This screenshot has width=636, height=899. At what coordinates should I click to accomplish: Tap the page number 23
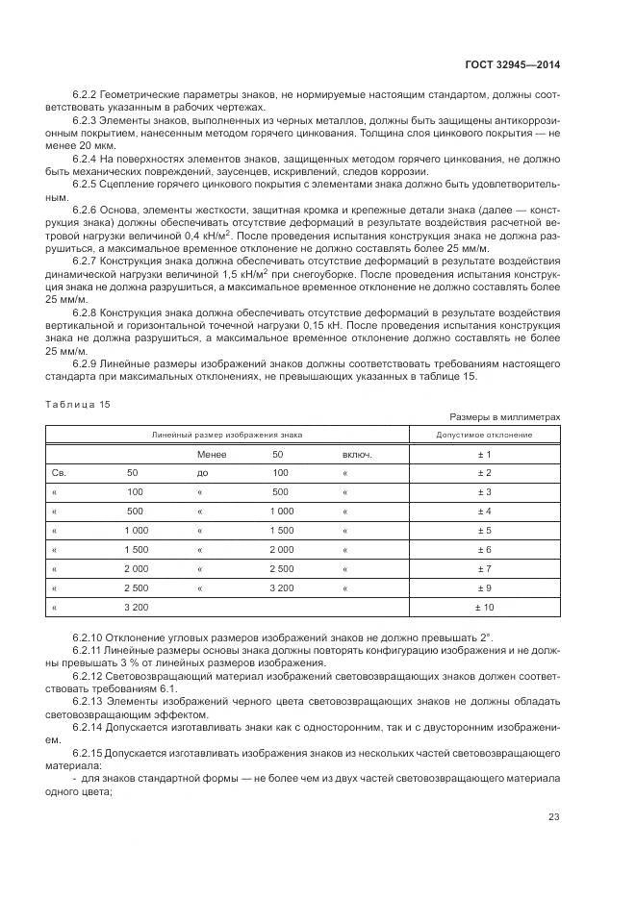click(554, 817)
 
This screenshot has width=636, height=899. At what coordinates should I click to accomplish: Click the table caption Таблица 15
click(78, 404)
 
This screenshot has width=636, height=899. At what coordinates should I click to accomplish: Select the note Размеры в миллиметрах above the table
click(504, 417)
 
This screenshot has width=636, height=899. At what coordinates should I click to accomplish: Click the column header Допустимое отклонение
click(484, 435)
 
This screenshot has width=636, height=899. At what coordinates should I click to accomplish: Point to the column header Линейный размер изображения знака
click(227, 435)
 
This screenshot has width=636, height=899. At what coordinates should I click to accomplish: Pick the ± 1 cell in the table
click(484, 454)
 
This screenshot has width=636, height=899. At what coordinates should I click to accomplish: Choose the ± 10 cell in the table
click(484, 608)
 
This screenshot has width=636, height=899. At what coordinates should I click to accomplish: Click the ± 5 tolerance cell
click(484, 531)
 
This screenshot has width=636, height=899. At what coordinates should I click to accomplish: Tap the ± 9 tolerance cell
click(484, 588)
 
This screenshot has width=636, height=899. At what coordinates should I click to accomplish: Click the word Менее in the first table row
click(212, 454)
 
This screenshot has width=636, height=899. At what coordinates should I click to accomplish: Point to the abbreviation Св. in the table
click(58, 473)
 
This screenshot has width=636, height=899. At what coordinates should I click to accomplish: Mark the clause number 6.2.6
click(88, 210)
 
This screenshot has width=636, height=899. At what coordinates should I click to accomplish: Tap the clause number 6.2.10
click(90, 638)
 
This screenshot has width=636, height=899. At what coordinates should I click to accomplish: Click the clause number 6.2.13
click(90, 702)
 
